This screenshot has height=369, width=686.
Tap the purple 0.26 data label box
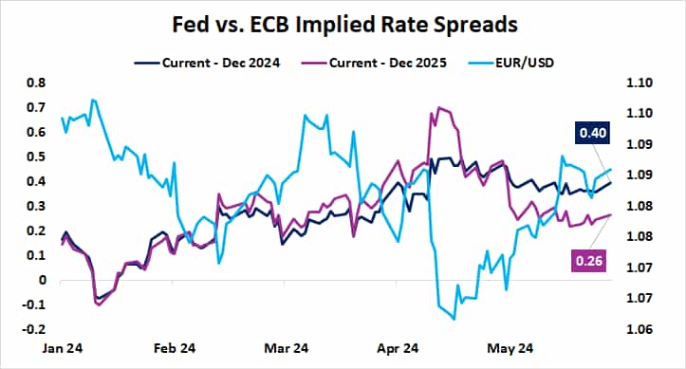coord(586,260)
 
